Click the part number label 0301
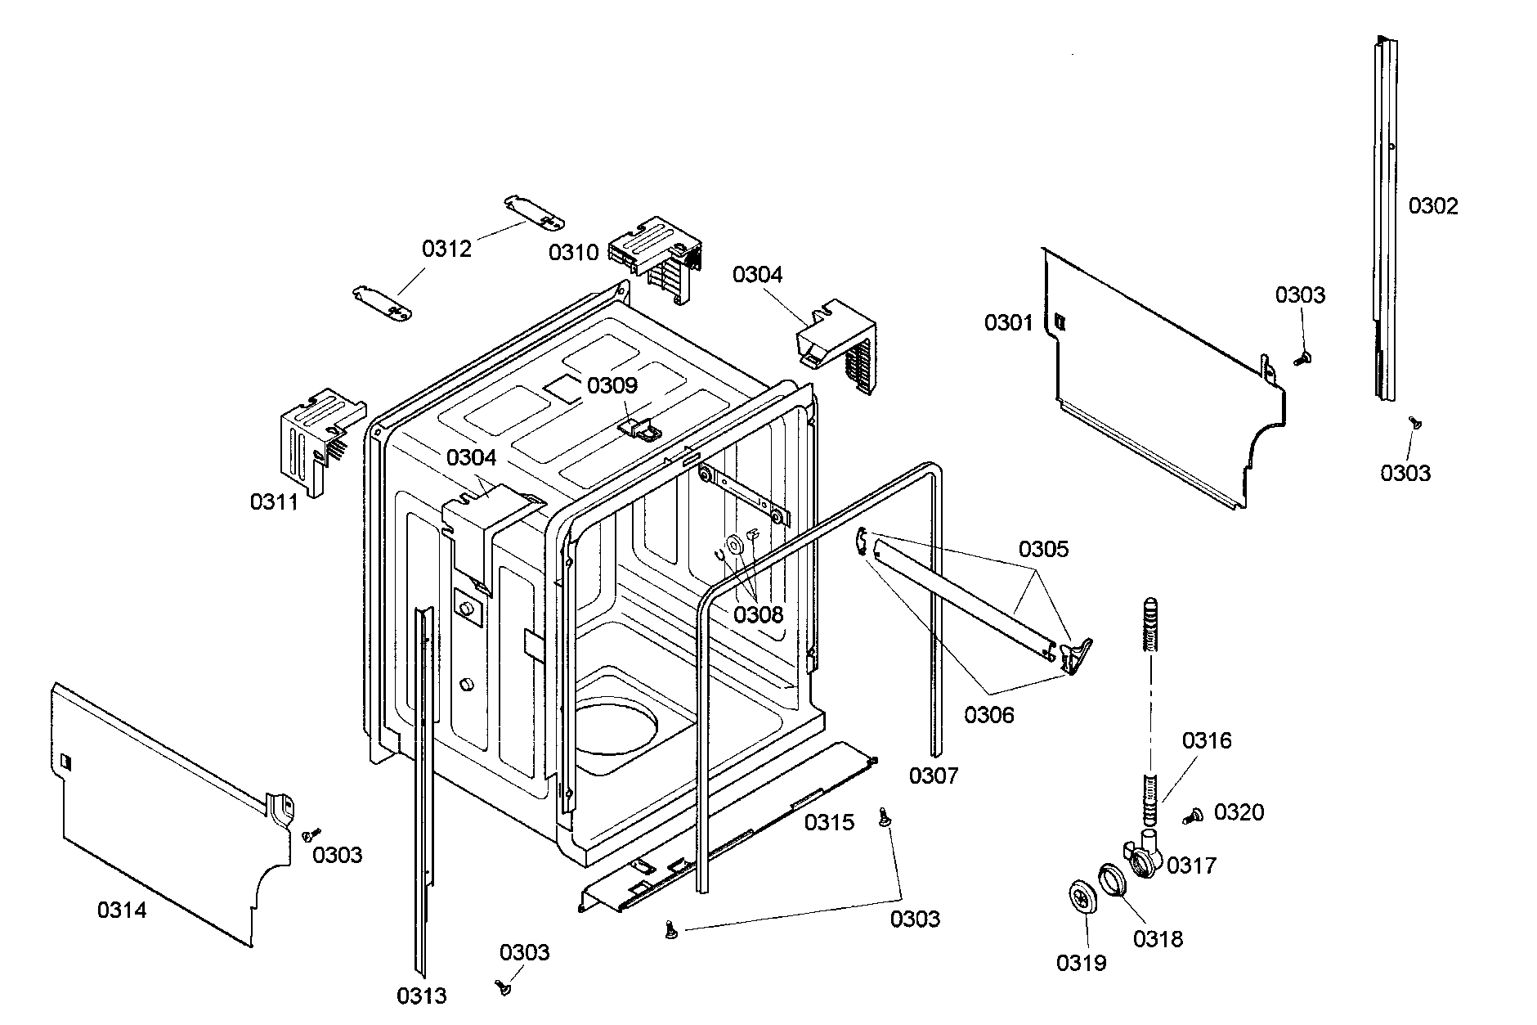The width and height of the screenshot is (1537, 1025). coord(1008,323)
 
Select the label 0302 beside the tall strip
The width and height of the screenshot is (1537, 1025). coord(1432,206)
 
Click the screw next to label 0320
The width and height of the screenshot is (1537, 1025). coord(1193,815)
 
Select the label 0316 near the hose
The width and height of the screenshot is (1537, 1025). coord(1206,741)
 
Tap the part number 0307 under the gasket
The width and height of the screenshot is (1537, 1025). coord(933,775)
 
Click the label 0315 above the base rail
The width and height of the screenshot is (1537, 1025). coord(828,822)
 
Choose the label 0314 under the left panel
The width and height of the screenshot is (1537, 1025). coord(122,910)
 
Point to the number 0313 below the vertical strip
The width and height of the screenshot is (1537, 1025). coord(422,996)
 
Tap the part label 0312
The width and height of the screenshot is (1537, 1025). coord(446,249)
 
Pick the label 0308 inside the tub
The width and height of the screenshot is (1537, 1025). coord(758,614)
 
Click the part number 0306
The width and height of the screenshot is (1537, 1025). coord(988,715)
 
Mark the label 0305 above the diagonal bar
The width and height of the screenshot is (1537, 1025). coord(1043,549)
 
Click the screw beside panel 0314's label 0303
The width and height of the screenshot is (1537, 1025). coord(309,835)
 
